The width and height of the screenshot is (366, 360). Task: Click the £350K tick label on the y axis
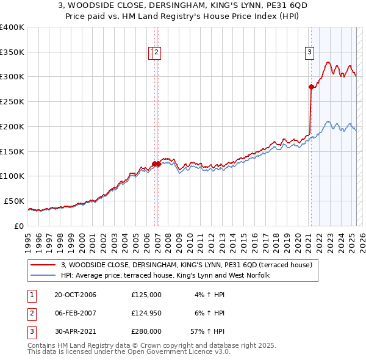pyautogui.click(x=12, y=52)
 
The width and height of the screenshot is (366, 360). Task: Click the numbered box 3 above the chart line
pyautogui.click(x=310, y=52)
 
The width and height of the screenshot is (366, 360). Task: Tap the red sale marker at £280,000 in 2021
pyautogui.click(x=311, y=87)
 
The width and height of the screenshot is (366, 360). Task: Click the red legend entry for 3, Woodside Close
pyautogui.click(x=187, y=265)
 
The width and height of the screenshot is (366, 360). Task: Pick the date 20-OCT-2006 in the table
pyautogui.click(x=75, y=295)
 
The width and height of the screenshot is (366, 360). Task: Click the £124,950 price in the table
pyautogui.click(x=146, y=313)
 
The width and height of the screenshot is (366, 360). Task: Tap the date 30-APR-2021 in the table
pyautogui.click(x=75, y=331)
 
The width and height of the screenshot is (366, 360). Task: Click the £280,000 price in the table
pyautogui.click(x=146, y=331)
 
